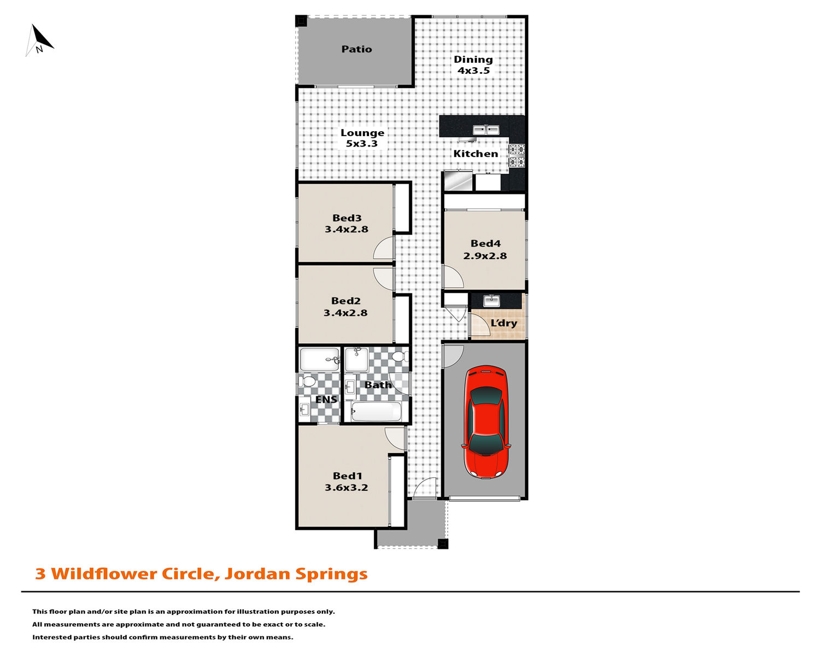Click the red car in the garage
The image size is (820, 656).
(x=486, y=422)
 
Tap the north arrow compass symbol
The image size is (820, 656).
(x=39, y=40)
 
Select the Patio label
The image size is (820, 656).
(x=356, y=49)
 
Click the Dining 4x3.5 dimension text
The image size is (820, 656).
(x=473, y=71)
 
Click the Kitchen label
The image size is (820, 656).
(x=476, y=154)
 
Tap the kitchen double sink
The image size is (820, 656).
(x=486, y=130)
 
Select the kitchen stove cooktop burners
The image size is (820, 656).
(x=517, y=155)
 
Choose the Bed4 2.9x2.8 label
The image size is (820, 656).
(x=485, y=250)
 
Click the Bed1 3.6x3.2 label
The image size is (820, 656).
(x=347, y=482)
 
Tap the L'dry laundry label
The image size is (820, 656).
(x=503, y=323)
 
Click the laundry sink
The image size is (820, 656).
(x=491, y=301)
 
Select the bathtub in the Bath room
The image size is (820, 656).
(x=376, y=412)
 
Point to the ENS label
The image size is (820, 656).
(x=326, y=400)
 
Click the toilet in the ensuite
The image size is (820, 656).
(x=307, y=381)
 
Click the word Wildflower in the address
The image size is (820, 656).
(x=104, y=573)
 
